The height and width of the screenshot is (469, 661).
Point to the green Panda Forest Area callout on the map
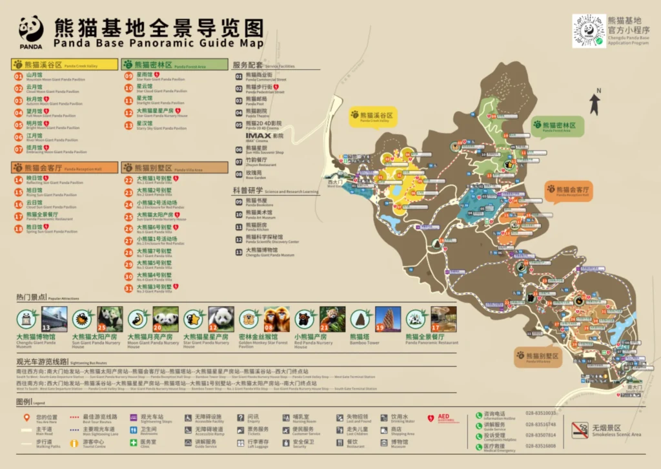point(557,127)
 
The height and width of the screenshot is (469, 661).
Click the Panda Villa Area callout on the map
point(538,357)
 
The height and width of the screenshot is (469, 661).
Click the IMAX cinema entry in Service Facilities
point(265,136)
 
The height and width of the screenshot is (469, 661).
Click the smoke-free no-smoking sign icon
point(580,430)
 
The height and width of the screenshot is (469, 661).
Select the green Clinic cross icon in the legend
point(134,443)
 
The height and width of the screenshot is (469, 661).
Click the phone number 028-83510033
point(540,413)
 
